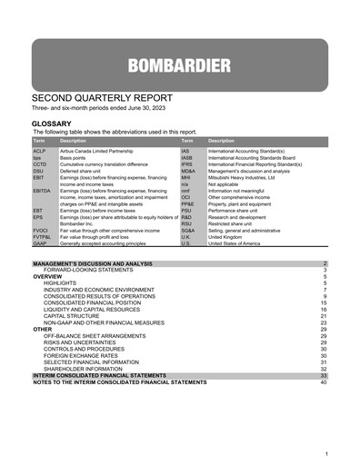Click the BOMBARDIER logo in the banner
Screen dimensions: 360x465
[x=179, y=66]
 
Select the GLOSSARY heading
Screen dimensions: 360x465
[x=55, y=122]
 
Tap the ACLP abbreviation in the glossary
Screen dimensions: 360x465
[x=40, y=151]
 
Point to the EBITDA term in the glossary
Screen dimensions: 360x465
[x=42, y=190]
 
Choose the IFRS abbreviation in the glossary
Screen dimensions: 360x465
[x=186, y=163]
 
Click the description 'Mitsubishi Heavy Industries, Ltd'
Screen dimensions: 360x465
[x=245, y=176]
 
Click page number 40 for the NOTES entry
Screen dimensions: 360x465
[x=323, y=381]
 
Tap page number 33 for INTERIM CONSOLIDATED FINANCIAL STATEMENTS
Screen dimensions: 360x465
[x=323, y=375]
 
